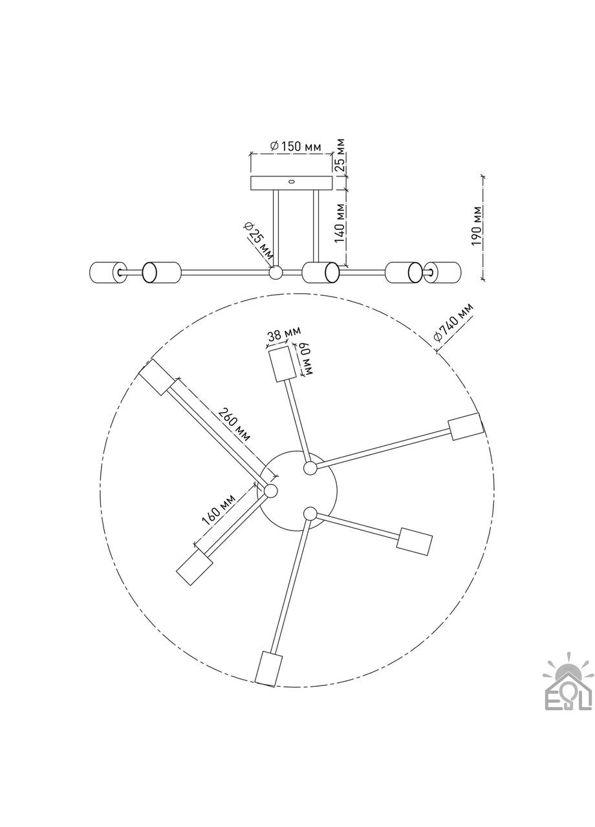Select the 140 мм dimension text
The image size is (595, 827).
click(340, 223)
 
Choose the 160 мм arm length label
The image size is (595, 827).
click(219, 510)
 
